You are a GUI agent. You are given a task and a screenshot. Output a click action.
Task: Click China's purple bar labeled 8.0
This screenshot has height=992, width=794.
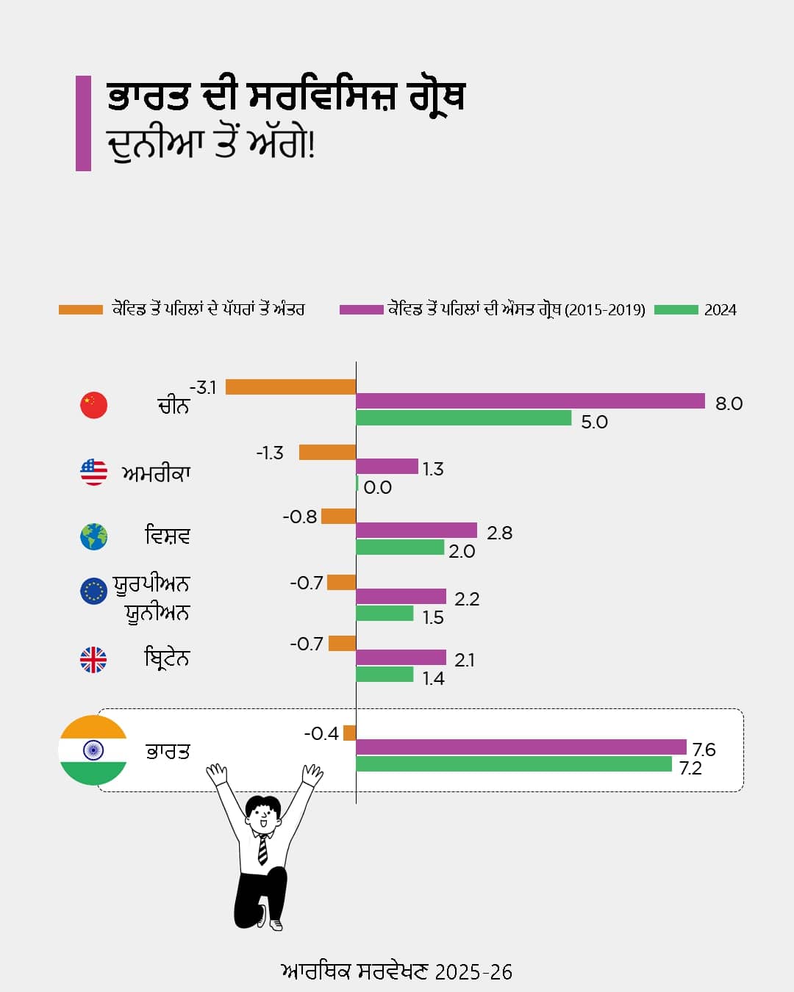(530, 401)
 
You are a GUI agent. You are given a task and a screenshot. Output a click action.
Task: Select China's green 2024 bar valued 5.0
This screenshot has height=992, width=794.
(463, 418)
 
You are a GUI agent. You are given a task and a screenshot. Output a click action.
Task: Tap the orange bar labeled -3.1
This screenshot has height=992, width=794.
(290, 387)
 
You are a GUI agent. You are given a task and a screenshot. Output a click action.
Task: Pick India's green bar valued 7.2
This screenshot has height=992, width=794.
(513, 764)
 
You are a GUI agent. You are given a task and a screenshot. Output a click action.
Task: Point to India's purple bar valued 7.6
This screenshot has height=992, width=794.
(521, 747)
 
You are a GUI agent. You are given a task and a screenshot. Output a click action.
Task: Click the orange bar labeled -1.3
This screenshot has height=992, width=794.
(327, 452)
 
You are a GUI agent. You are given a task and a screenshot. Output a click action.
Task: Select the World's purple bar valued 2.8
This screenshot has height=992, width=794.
(416, 531)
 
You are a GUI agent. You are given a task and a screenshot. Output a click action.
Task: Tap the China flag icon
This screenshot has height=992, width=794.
(94, 405)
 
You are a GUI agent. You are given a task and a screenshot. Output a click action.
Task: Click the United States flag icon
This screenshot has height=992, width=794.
(94, 472)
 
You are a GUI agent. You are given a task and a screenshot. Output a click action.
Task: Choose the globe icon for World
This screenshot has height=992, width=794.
(94, 536)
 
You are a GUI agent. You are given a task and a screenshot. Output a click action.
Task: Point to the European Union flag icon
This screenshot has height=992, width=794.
(94, 591)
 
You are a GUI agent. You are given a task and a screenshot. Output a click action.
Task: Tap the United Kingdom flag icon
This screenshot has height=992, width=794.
(93, 660)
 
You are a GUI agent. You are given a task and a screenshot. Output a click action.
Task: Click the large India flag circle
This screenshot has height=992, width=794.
(93, 750)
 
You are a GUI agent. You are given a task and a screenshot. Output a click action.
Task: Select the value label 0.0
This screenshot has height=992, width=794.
(377, 488)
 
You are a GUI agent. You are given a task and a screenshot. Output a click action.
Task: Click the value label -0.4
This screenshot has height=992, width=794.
(321, 733)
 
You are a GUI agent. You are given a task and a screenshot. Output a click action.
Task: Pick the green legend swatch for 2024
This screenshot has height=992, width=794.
(676, 310)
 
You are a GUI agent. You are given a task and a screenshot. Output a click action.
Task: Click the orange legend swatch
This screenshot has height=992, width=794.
(80, 310)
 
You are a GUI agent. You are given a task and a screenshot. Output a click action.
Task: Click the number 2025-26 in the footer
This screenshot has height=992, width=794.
(473, 972)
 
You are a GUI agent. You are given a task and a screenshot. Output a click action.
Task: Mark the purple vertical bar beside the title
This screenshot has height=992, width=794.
(83, 123)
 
